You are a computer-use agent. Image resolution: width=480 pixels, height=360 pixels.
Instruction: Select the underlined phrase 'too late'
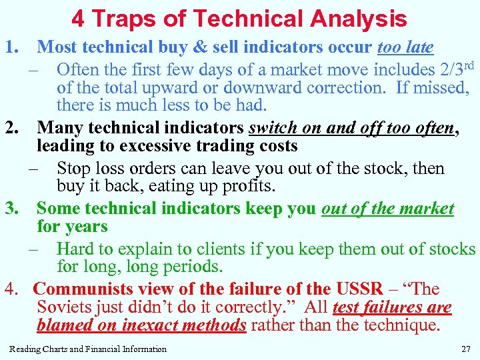click(x=405, y=47)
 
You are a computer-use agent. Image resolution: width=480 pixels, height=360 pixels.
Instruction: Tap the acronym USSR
click(x=359, y=289)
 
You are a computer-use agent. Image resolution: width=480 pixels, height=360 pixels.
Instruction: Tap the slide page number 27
click(x=465, y=349)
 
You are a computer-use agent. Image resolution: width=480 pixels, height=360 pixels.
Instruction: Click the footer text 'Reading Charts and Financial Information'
click(x=88, y=349)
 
